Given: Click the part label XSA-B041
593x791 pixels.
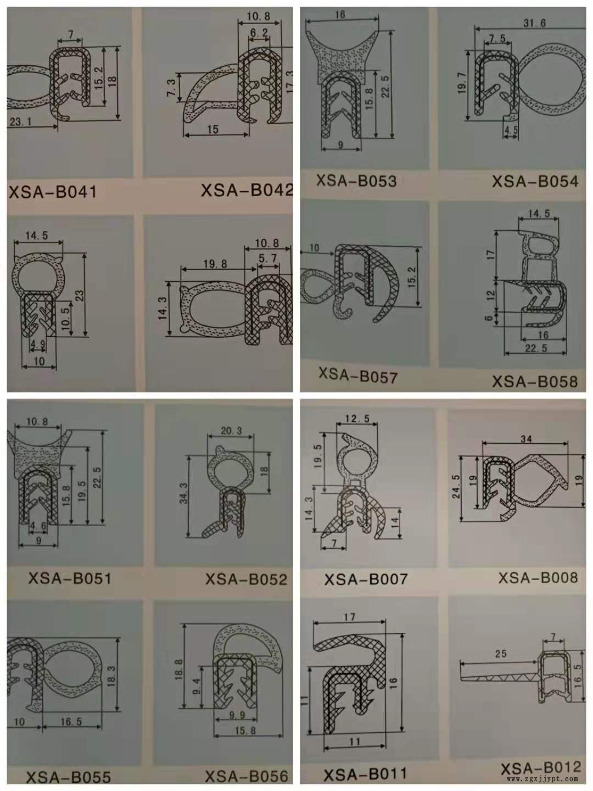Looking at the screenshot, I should point(53,192).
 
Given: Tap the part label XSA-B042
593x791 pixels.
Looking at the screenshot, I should point(247,190).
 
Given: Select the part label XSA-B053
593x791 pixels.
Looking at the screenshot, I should point(356,181).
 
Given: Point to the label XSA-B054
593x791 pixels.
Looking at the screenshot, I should point(535,181).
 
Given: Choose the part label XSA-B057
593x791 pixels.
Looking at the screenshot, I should point(358,376).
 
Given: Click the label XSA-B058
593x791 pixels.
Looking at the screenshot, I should point(535,381).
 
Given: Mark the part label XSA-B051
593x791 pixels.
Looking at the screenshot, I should point(70,578).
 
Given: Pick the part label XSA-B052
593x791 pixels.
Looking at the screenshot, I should point(246,579).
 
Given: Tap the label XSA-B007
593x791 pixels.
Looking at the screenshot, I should point(366,579).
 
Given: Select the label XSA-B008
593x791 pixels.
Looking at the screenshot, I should point(538,577).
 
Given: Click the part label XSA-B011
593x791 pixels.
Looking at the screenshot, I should point(365,774).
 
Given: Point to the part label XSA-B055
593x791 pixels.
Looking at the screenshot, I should point(69,777).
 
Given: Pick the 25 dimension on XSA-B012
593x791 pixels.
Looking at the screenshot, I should point(501,654).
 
